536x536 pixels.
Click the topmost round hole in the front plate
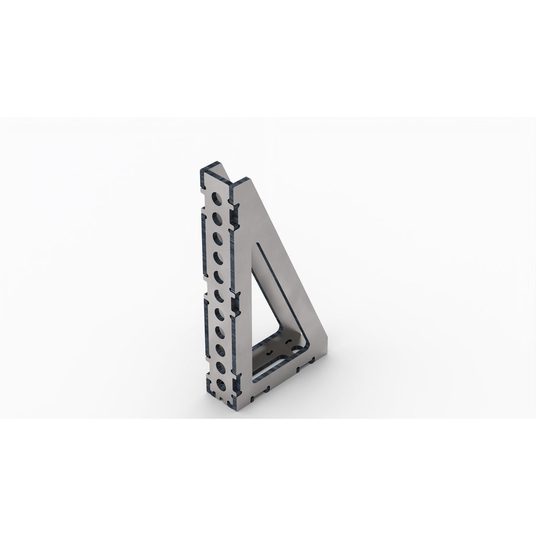215,198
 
